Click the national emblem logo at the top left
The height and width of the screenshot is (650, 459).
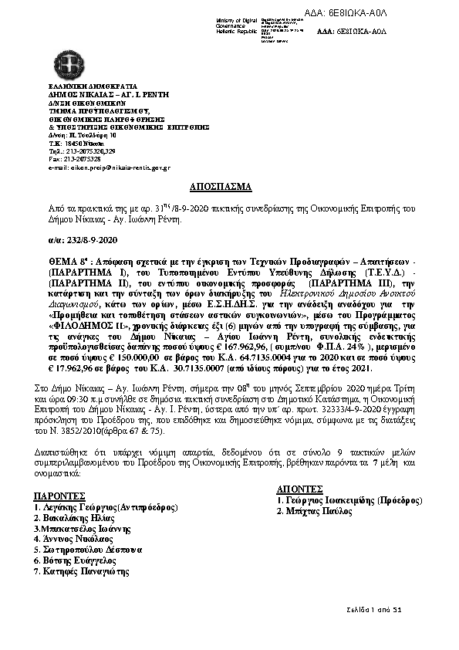pyautogui.click(x=62, y=66)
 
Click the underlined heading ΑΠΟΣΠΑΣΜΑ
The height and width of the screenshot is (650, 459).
pyautogui.click(x=220, y=188)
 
